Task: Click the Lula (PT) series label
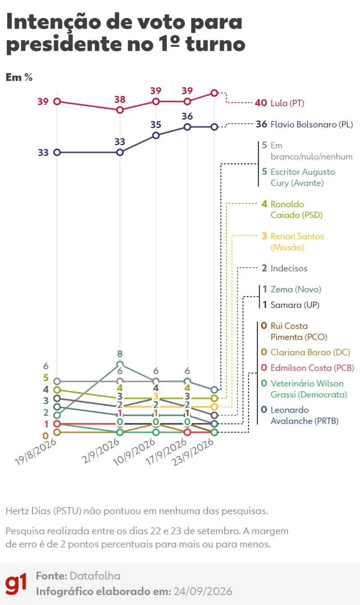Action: point(287,103)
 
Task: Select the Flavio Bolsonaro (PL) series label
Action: point(312,124)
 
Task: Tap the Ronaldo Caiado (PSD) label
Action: point(296,210)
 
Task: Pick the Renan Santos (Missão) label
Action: point(297,242)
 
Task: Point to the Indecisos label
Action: point(289,268)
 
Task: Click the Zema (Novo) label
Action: point(296,290)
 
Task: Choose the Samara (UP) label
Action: point(295,305)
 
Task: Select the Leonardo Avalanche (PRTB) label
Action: point(304,415)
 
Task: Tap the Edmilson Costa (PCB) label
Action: point(312,368)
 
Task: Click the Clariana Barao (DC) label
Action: point(310,352)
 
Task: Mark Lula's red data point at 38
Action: point(120,110)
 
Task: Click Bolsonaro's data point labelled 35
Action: point(156,135)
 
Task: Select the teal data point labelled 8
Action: point(120,364)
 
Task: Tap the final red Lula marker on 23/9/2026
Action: point(214,93)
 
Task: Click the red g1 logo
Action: point(16,583)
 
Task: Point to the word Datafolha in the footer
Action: point(95,576)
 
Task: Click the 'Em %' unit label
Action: point(19,77)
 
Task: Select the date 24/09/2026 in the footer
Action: point(203,592)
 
